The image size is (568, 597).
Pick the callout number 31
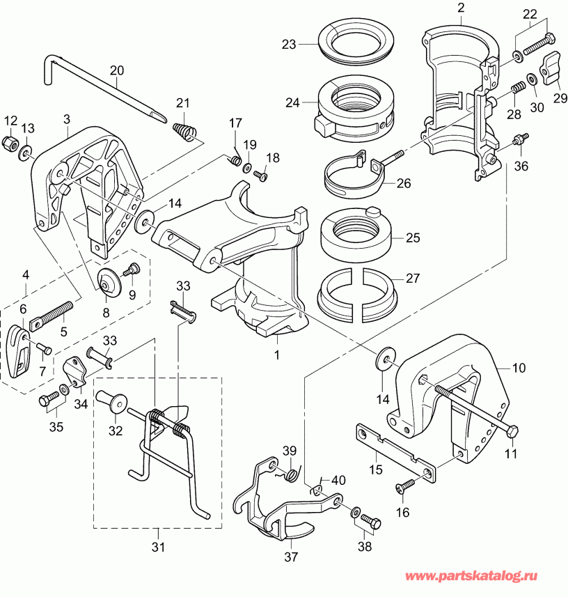point(159,548)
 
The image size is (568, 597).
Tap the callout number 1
point(276,355)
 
